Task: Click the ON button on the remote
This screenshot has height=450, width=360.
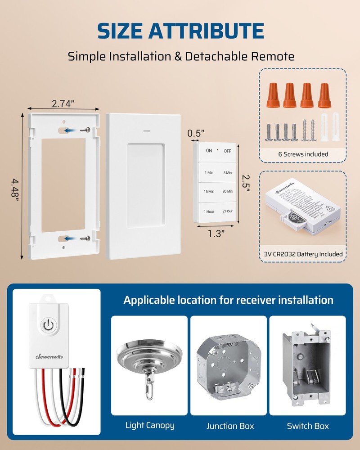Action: (209, 151)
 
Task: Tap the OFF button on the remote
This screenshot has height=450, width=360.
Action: (227, 151)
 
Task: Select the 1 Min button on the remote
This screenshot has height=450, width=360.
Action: (209, 173)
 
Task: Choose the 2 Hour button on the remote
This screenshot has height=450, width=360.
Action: (227, 211)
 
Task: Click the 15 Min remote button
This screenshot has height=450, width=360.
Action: (209, 192)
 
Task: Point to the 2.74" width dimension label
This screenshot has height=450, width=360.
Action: (63, 103)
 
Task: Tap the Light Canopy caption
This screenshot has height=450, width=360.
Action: (150, 425)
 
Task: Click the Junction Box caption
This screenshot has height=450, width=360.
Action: (230, 426)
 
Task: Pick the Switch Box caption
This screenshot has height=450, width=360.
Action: (308, 426)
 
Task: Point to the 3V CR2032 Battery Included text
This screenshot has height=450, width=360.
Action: (303, 254)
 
